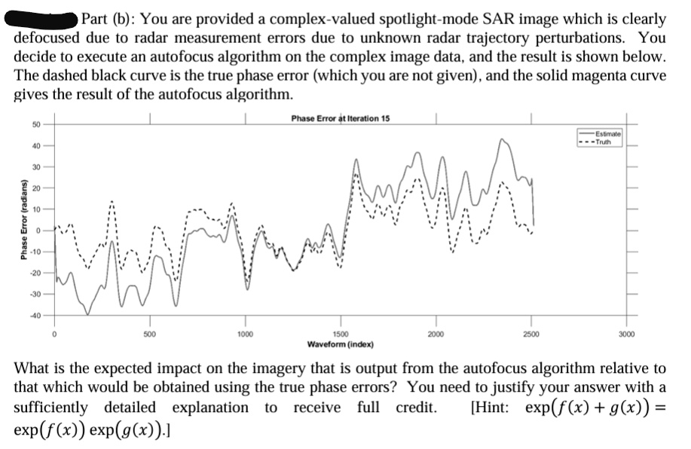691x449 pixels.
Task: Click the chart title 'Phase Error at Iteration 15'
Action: [x=340, y=119]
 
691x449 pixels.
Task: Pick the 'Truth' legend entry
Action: [x=605, y=137]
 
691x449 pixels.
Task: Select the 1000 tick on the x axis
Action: [x=245, y=332]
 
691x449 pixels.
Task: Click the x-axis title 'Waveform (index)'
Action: [x=340, y=344]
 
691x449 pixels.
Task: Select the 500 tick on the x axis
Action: [x=149, y=332]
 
